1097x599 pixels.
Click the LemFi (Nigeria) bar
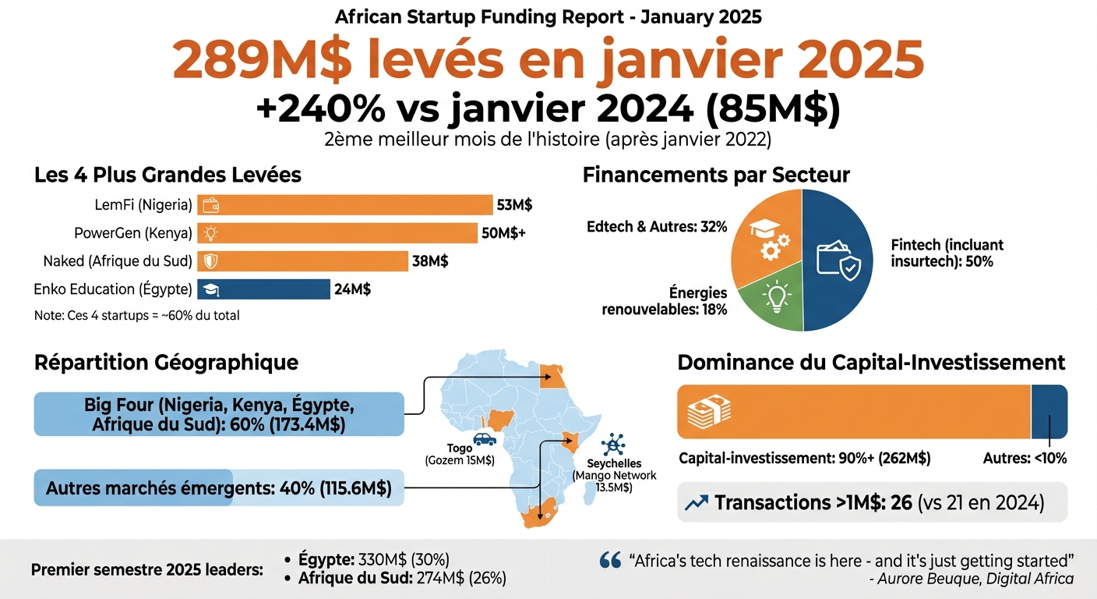tap(344, 205)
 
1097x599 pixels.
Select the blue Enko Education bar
tap(263, 289)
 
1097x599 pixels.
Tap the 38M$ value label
tap(430, 261)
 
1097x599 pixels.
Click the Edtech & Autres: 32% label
tap(656, 227)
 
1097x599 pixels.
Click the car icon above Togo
tap(485, 439)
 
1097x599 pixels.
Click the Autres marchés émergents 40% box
tap(218, 487)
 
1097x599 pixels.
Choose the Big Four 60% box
tap(218, 415)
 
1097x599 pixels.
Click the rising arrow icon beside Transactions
tap(696, 503)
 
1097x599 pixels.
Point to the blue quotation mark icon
tap(610, 560)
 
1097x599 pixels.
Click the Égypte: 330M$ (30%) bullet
tap(374, 560)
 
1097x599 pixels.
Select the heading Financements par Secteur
tap(715, 175)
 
